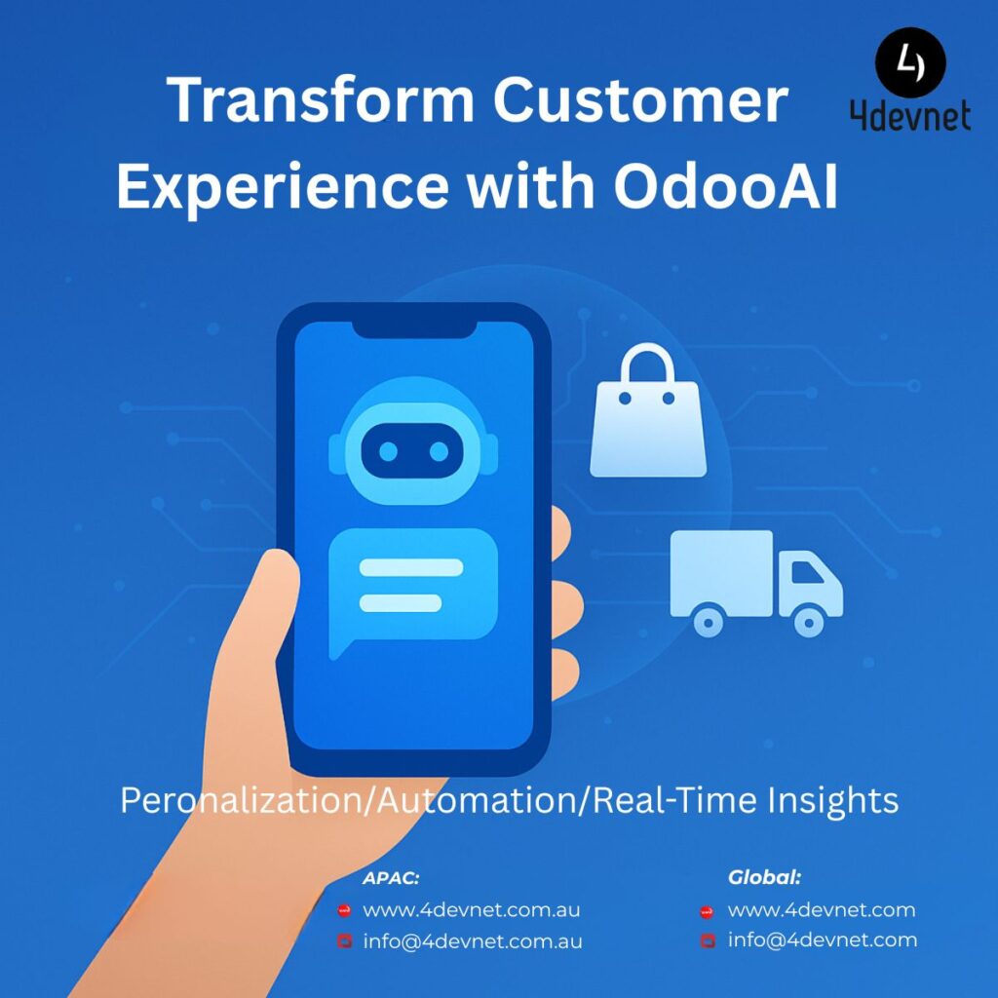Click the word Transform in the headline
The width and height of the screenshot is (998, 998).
(320, 100)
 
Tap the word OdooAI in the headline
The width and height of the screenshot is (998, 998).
(725, 186)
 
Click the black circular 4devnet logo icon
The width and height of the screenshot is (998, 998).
(910, 62)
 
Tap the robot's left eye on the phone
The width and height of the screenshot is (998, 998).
(388, 451)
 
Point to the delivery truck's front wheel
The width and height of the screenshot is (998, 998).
(809, 623)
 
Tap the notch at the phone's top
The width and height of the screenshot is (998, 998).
(414, 329)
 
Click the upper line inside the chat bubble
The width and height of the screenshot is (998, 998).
(411, 567)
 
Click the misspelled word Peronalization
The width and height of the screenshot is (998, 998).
(241, 800)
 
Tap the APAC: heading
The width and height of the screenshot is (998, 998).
(391, 878)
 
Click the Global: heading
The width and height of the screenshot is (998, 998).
(764, 878)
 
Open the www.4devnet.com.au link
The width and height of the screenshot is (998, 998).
(471, 910)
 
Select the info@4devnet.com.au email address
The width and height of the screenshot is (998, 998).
(473, 941)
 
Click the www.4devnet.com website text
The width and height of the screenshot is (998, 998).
(822, 910)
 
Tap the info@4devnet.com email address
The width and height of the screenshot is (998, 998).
(823, 940)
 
